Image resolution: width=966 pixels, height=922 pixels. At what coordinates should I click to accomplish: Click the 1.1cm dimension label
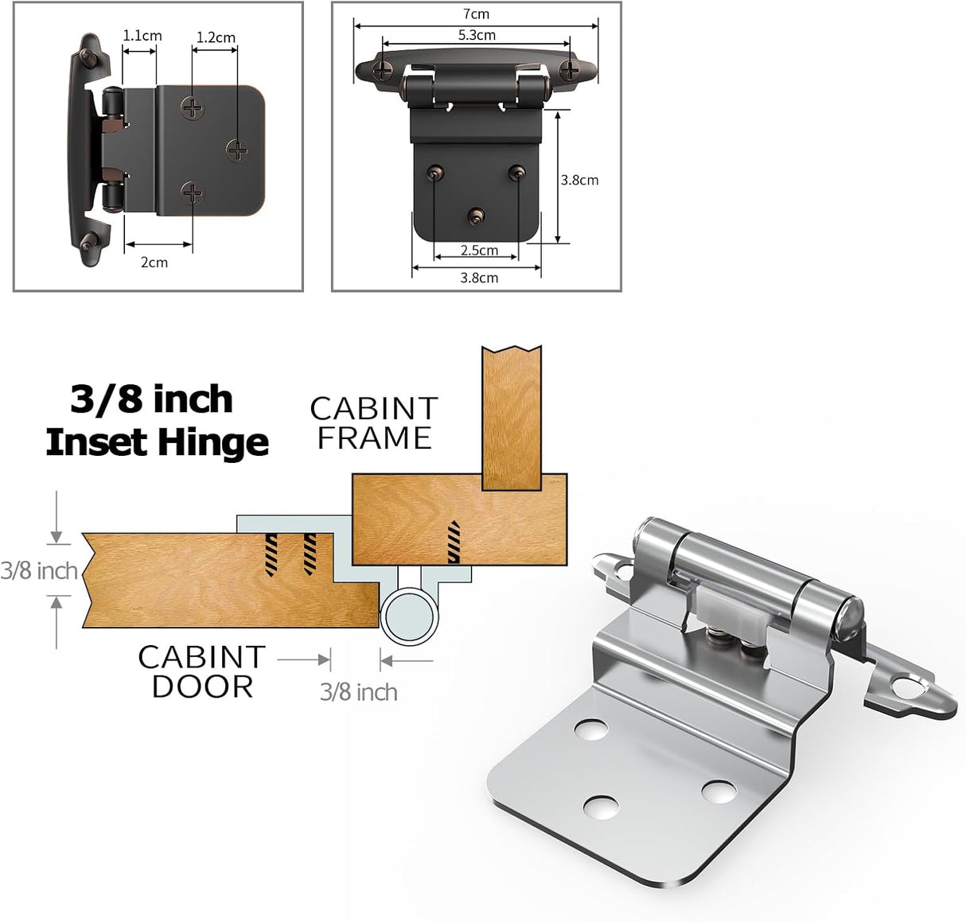pyautogui.click(x=142, y=36)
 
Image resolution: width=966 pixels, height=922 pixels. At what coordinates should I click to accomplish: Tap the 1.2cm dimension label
pyautogui.click(x=216, y=37)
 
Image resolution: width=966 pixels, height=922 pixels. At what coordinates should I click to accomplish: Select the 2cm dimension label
pyautogui.click(x=154, y=263)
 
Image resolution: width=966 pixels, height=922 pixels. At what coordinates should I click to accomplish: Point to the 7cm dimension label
pyautogui.click(x=476, y=14)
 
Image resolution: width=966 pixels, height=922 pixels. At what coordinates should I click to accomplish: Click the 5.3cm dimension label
pyautogui.click(x=477, y=35)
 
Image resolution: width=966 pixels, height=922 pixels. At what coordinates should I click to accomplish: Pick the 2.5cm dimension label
pyautogui.click(x=479, y=251)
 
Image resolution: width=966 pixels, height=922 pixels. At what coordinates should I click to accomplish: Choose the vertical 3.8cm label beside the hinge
pyautogui.click(x=579, y=180)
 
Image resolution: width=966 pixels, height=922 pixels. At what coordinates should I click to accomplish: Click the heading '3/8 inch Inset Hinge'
pyautogui.click(x=156, y=421)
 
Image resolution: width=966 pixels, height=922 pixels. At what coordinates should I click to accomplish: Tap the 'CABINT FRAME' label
pyautogui.click(x=374, y=423)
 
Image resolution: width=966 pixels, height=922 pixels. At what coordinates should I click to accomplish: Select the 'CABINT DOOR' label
pyautogui.click(x=201, y=671)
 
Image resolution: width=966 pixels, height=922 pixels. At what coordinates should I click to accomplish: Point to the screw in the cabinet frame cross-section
pyautogui.click(x=454, y=542)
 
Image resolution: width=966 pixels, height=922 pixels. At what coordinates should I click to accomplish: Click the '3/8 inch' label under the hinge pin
pyautogui.click(x=358, y=691)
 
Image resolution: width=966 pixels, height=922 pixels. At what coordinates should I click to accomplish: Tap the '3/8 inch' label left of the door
pyautogui.click(x=38, y=570)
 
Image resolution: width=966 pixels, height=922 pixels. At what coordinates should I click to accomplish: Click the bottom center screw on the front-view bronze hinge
pyautogui.click(x=476, y=215)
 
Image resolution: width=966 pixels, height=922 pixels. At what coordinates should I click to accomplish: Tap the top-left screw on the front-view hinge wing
pyautogui.click(x=384, y=69)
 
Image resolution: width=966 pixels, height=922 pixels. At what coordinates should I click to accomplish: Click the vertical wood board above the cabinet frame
pyautogui.click(x=512, y=417)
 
